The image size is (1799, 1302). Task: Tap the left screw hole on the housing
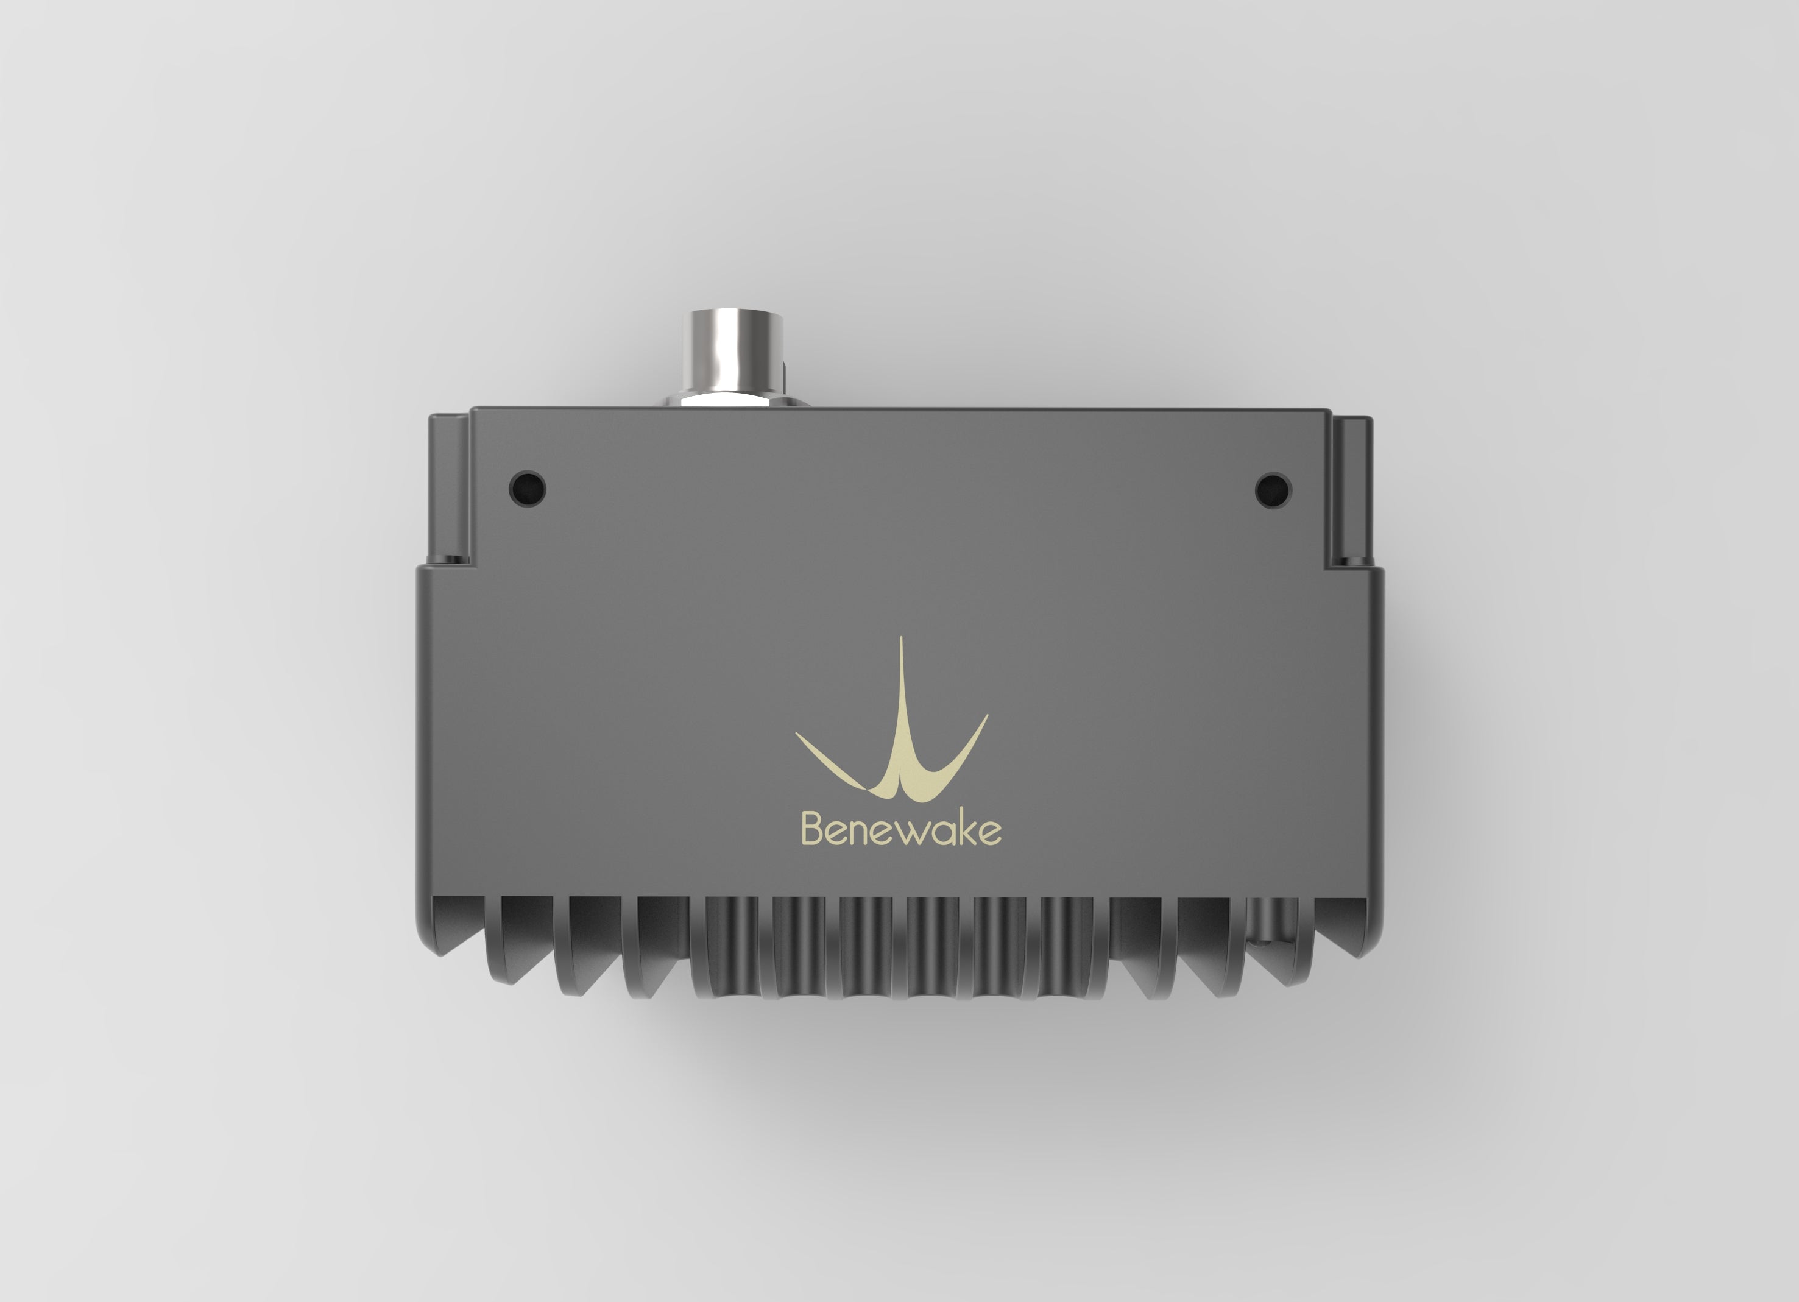click(x=528, y=486)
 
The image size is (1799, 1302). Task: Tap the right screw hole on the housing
click(x=1273, y=489)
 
